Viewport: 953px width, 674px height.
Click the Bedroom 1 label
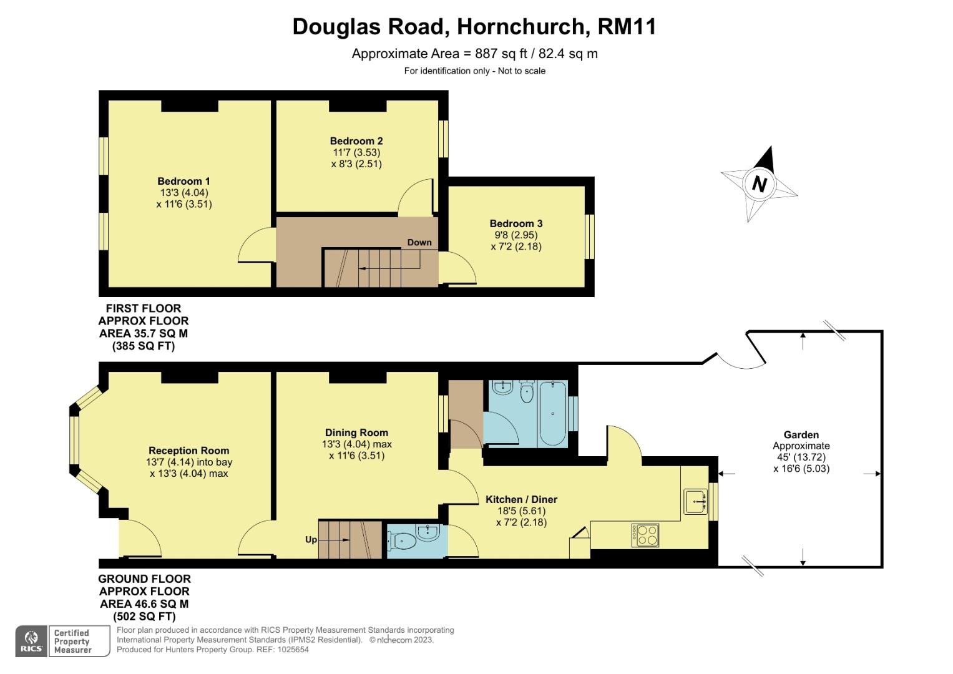point(183,181)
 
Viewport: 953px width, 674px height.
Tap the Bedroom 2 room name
point(356,141)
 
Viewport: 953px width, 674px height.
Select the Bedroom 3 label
point(516,223)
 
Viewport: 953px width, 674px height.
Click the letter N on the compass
point(760,184)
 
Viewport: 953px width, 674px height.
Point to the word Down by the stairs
point(419,242)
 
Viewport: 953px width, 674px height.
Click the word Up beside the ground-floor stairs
point(311,540)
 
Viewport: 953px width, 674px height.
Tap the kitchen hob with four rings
point(645,535)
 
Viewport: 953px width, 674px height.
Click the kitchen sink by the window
point(696,502)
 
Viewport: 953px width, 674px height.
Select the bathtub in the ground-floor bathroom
point(553,414)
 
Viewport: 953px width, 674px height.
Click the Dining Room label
point(356,432)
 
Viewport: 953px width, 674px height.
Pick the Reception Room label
point(189,451)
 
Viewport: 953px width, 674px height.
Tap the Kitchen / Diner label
point(522,499)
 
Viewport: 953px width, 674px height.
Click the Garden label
point(801,435)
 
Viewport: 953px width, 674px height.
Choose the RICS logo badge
point(31,642)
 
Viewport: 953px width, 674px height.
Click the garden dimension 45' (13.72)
point(801,457)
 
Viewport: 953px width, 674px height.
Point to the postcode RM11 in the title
point(627,27)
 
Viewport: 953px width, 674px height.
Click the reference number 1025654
point(293,650)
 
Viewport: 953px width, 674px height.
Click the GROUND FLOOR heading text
point(145,579)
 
